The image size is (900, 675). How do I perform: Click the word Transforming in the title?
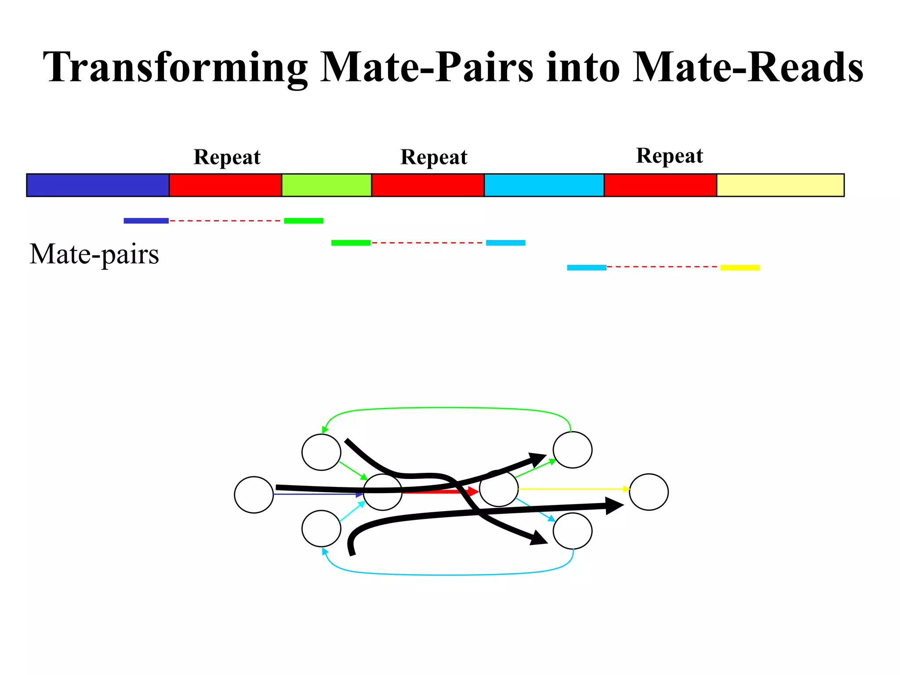(x=176, y=67)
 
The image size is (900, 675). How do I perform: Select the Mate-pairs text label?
(x=94, y=254)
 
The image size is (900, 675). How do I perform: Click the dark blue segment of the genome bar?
(x=98, y=185)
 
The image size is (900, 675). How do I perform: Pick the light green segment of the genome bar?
(x=327, y=185)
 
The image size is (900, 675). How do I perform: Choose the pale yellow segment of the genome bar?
(x=780, y=185)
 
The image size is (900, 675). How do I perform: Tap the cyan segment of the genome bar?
(x=544, y=185)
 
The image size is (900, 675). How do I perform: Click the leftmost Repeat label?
(x=227, y=157)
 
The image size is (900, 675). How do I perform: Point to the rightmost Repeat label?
(x=669, y=156)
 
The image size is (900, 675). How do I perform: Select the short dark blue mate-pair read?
(x=146, y=221)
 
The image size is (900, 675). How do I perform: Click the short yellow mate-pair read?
(x=740, y=267)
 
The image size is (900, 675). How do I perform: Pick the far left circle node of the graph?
(x=254, y=494)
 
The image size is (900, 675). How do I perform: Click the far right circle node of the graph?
(x=649, y=492)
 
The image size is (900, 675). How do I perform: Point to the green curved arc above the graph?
(x=446, y=408)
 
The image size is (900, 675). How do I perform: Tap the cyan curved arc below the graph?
(x=448, y=575)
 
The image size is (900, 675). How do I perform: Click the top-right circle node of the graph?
(x=572, y=450)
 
